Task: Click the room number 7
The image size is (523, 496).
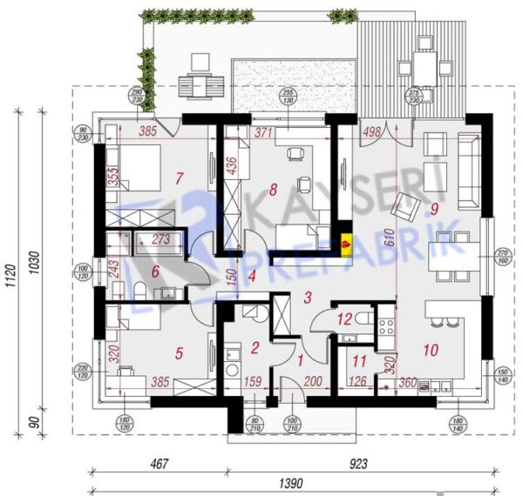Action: [180, 180]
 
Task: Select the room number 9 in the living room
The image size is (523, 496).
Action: [433, 209]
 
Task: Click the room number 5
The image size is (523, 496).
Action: [180, 354]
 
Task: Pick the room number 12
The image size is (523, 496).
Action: [345, 319]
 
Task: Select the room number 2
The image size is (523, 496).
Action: [255, 350]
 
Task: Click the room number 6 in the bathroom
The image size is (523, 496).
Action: [155, 271]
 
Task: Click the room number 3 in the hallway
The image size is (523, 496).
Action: [308, 298]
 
